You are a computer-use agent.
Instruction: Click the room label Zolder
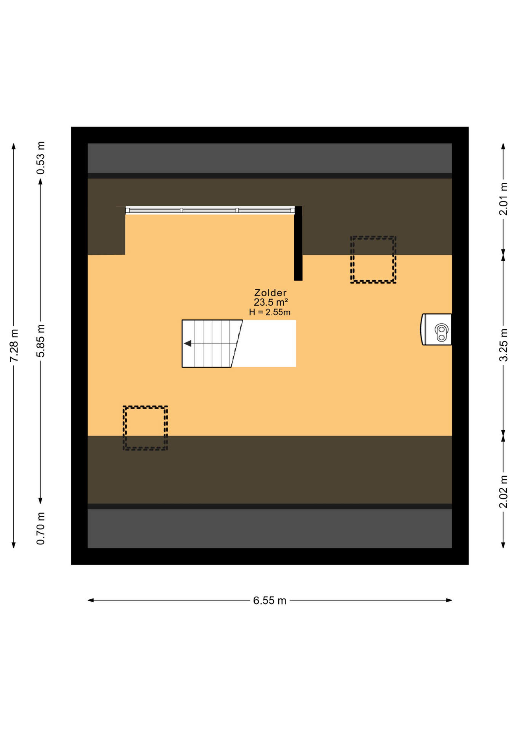coord(270,293)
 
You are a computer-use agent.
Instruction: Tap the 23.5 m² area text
coord(270,303)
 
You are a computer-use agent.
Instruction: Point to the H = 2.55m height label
coord(270,313)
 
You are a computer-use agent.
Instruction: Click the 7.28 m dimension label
coord(14,346)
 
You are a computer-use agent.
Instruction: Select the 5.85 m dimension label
coord(41,341)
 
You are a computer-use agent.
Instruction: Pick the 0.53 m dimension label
coord(41,158)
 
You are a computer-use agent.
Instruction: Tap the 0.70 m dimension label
coord(41,528)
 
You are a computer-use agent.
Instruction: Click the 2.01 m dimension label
coord(503,199)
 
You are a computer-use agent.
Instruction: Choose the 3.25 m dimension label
coord(503,345)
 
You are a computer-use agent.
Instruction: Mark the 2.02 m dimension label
coord(503,492)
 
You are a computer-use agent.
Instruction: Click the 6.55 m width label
coord(270,601)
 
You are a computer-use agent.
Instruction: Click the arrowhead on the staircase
coord(188,343)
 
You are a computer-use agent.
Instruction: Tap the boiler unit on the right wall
coord(437,330)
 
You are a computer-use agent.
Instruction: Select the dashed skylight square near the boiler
coord(373,260)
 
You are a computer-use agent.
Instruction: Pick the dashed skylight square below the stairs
coord(145,428)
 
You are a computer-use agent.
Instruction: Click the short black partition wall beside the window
coord(298,244)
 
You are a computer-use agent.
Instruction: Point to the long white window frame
coord(210,210)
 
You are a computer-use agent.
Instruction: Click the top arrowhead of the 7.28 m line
coord(14,146)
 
